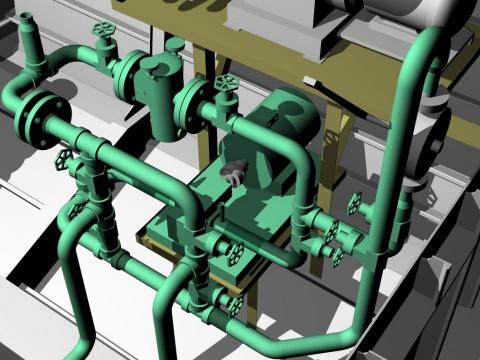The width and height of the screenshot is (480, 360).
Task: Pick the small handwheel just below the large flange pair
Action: tap(62, 160)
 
